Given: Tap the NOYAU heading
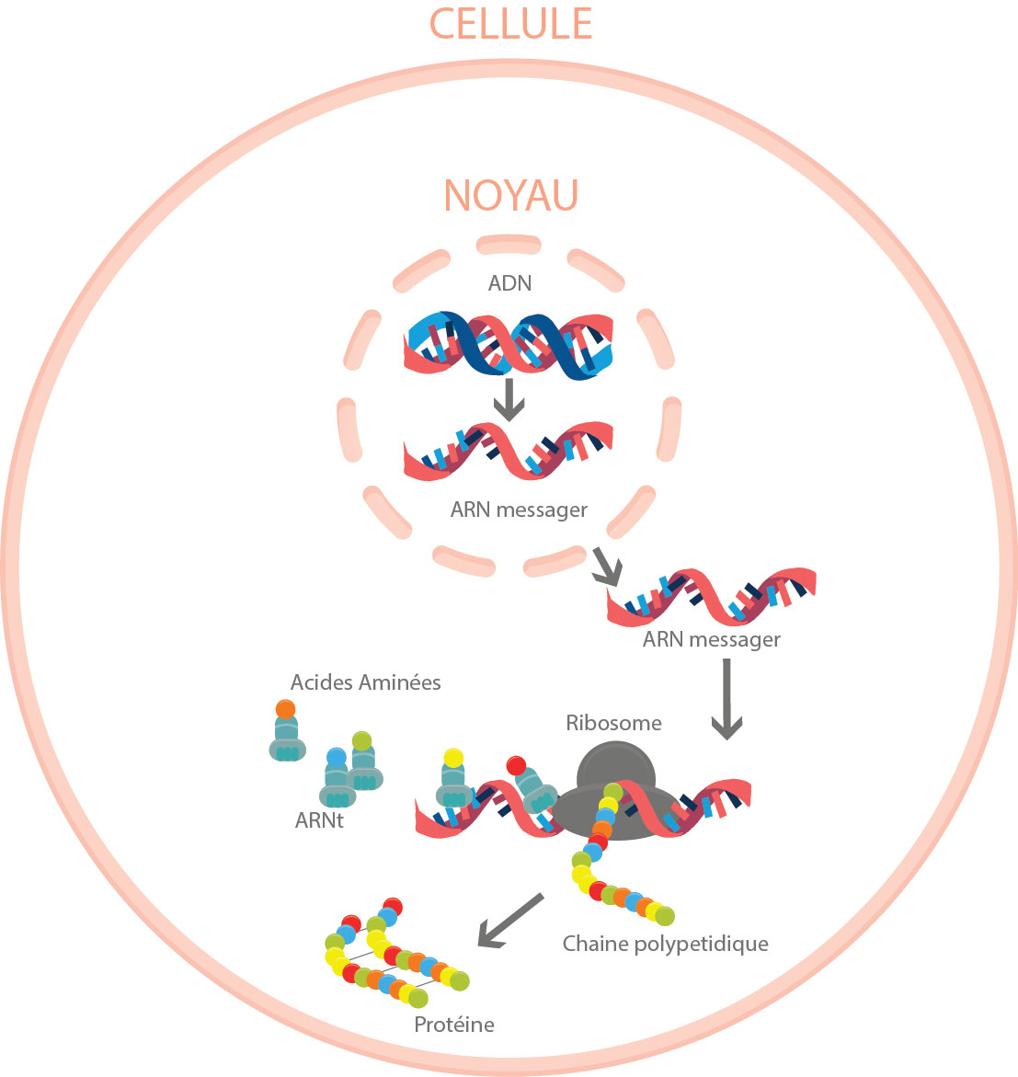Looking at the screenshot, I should click(x=510, y=195).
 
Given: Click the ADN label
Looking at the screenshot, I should click(x=509, y=283).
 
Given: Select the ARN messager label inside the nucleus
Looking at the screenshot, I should click(x=519, y=510).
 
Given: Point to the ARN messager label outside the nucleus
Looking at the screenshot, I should click(x=712, y=639).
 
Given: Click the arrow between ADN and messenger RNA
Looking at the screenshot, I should click(x=509, y=399).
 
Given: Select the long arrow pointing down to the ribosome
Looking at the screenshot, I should click(x=726, y=699).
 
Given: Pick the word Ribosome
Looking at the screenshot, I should click(x=613, y=723).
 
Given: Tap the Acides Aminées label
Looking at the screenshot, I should click(x=365, y=682).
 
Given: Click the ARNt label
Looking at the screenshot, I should click(x=319, y=820).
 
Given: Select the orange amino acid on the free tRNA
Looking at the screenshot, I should click(x=285, y=710).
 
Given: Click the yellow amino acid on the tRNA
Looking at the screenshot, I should click(x=452, y=758).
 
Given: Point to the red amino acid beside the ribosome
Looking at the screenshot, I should click(x=516, y=765).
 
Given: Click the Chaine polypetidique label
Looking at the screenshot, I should click(x=665, y=944).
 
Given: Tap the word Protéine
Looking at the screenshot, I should click(x=454, y=1025).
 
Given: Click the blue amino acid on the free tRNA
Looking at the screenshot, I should click(x=337, y=757).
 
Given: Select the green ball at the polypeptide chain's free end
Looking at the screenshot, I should click(x=665, y=916).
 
